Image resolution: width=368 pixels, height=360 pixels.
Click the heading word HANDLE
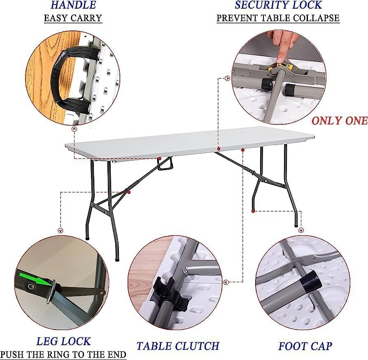point(73,5)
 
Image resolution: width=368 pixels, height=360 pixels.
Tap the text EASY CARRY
point(73,18)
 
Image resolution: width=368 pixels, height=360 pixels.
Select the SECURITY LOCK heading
point(278,5)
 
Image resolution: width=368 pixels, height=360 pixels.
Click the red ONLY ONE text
point(340,120)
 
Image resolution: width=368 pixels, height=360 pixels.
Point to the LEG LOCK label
point(63,341)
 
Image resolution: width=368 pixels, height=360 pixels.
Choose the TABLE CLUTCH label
point(178,346)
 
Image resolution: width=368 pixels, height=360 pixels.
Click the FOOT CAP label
point(305,346)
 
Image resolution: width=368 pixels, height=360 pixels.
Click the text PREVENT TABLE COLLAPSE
point(278,18)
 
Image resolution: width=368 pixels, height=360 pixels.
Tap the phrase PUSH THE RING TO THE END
point(63,354)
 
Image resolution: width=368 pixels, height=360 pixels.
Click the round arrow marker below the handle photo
point(74,129)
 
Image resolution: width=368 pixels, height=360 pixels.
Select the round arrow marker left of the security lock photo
point(227,78)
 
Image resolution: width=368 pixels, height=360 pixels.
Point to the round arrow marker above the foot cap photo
point(301,230)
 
